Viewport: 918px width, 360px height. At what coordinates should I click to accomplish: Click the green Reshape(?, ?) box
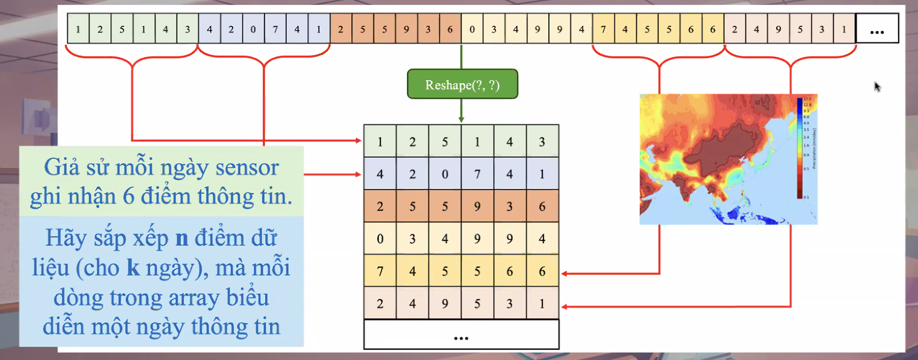point(462,84)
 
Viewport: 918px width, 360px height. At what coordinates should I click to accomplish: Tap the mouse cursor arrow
point(878,86)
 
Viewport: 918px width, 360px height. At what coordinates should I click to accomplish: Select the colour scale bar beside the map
point(800,147)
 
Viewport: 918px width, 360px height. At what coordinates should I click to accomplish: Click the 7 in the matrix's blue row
point(478,174)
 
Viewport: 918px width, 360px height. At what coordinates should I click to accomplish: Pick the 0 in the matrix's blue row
point(445,174)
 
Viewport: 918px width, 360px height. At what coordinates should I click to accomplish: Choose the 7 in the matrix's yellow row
point(380,271)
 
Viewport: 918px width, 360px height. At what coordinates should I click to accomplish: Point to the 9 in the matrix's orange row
point(478,206)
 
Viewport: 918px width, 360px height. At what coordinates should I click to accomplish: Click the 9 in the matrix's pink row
point(445,304)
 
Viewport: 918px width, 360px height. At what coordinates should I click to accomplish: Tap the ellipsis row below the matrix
point(462,336)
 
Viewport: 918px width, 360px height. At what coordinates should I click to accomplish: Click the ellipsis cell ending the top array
point(877,29)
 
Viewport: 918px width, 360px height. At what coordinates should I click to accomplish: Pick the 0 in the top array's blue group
point(253,29)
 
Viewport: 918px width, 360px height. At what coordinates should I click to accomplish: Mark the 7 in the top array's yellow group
point(603,29)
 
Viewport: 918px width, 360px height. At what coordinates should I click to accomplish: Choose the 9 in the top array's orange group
point(406,29)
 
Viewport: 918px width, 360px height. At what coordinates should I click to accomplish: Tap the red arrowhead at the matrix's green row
point(360,140)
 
